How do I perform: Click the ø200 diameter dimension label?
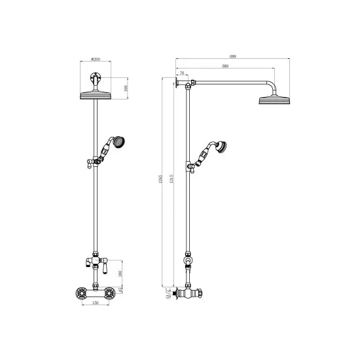pos(96,60)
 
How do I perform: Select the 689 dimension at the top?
pos(232,57)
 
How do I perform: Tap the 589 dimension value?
pos(225,66)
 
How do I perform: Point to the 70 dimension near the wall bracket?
pos(181,74)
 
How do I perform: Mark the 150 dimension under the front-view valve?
pos(96,303)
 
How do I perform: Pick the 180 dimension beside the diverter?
pos(120,274)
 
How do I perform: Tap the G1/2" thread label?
pos(168,294)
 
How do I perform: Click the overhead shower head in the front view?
pos(96,96)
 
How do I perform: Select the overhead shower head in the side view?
pos(274,100)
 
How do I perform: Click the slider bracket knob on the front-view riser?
pos(84,164)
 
